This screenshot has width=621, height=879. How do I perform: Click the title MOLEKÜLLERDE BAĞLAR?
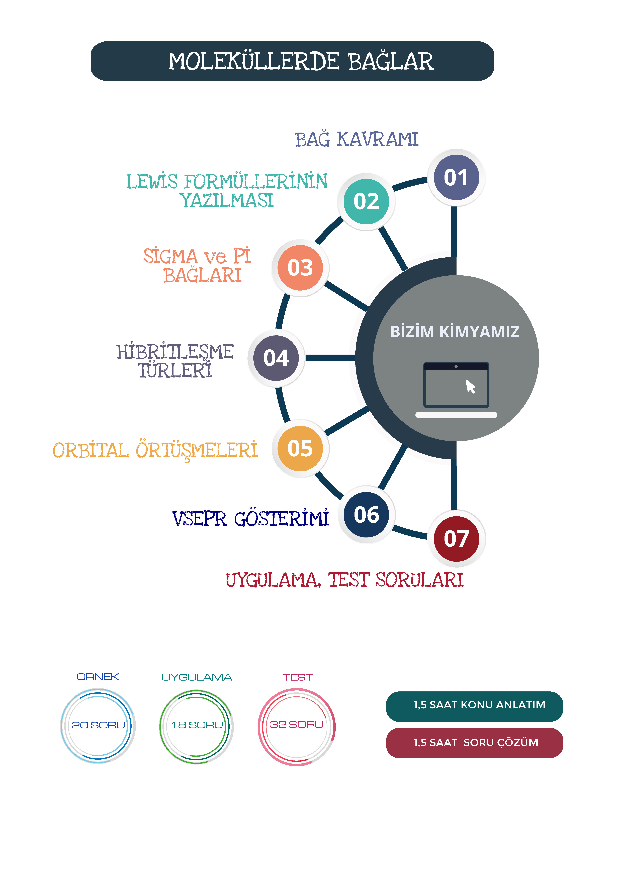301,61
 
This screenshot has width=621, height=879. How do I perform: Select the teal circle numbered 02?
366,201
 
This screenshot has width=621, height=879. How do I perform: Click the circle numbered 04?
276,358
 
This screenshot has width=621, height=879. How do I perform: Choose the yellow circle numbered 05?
300,448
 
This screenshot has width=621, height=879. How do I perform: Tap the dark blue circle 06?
366,515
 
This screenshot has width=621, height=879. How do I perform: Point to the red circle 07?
456,539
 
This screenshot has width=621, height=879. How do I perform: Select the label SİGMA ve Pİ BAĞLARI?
197,265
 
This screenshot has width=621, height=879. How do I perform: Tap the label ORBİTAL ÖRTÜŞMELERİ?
155,451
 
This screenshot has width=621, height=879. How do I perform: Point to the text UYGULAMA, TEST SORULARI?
344,580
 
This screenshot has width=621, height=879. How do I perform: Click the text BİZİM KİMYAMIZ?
455,332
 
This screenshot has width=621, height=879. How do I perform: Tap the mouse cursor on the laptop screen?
470,386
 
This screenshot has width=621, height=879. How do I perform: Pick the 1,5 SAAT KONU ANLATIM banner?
474,706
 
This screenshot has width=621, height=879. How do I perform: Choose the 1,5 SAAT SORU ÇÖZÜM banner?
474,743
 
